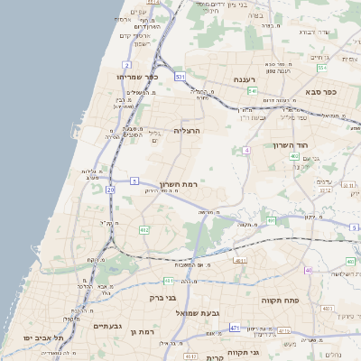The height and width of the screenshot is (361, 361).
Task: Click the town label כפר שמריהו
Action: click(137, 77)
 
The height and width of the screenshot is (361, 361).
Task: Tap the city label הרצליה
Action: click(186, 131)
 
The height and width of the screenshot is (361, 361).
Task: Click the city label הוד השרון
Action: click(290, 144)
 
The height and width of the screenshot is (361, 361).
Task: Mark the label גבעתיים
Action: click(106, 326)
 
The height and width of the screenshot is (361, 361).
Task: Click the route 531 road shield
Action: click(180, 78)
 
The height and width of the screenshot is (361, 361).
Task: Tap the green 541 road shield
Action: click(254, 91)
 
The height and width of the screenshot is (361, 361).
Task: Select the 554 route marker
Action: click(322, 67)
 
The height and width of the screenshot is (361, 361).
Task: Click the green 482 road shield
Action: click(144, 230)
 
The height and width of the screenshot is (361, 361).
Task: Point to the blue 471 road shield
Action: click(235, 328)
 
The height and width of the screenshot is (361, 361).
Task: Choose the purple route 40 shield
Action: click(309, 270)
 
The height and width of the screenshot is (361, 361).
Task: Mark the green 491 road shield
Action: click(271, 219)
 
